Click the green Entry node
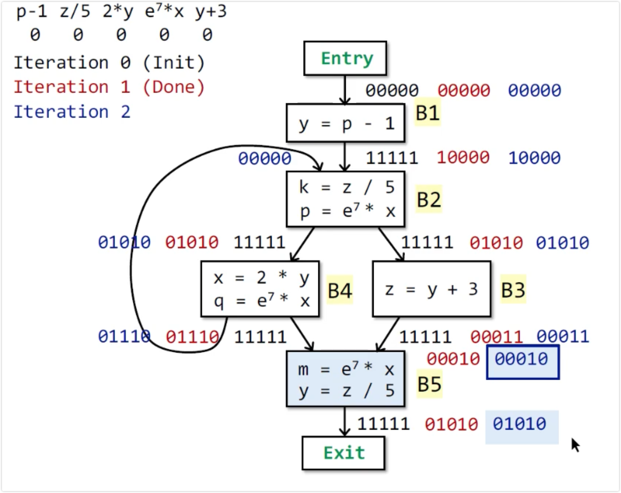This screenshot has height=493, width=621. point(345,59)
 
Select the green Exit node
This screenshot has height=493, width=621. point(343,453)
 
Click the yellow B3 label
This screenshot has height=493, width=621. point(513,290)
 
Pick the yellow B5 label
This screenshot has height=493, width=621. point(429,384)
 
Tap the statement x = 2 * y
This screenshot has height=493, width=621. point(261,278)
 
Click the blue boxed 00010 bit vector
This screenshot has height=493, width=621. point(522,359)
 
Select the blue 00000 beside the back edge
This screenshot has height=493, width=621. point(264,158)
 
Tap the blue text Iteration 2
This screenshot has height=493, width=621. point(72,112)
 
